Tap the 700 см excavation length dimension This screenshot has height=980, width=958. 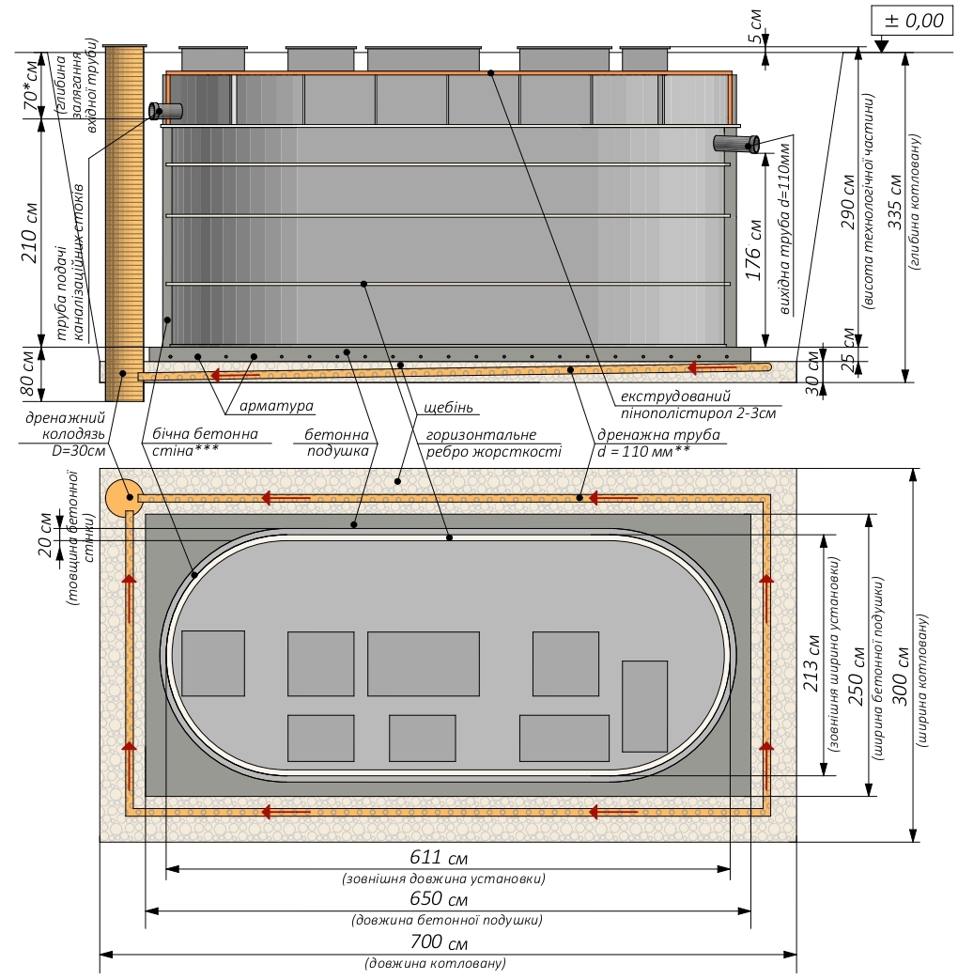(439, 941)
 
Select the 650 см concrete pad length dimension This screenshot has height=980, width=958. (439, 899)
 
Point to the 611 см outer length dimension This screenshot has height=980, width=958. (439, 857)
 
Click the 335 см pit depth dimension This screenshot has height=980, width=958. (895, 202)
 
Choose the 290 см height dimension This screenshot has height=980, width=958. (848, 202)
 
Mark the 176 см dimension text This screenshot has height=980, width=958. (755, 250)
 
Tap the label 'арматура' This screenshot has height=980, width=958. (276, 406)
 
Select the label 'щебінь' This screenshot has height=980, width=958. (448, 408)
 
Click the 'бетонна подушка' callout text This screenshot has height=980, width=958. (337, 443)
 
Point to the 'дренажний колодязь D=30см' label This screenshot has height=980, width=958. (65, 434)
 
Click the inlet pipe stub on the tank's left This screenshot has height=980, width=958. (165, 111)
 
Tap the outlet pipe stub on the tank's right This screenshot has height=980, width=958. (736, 144)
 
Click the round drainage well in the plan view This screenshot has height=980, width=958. (122, 498)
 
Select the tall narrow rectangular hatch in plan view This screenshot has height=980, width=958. (644, 707)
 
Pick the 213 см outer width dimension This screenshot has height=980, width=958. (811, 663)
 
